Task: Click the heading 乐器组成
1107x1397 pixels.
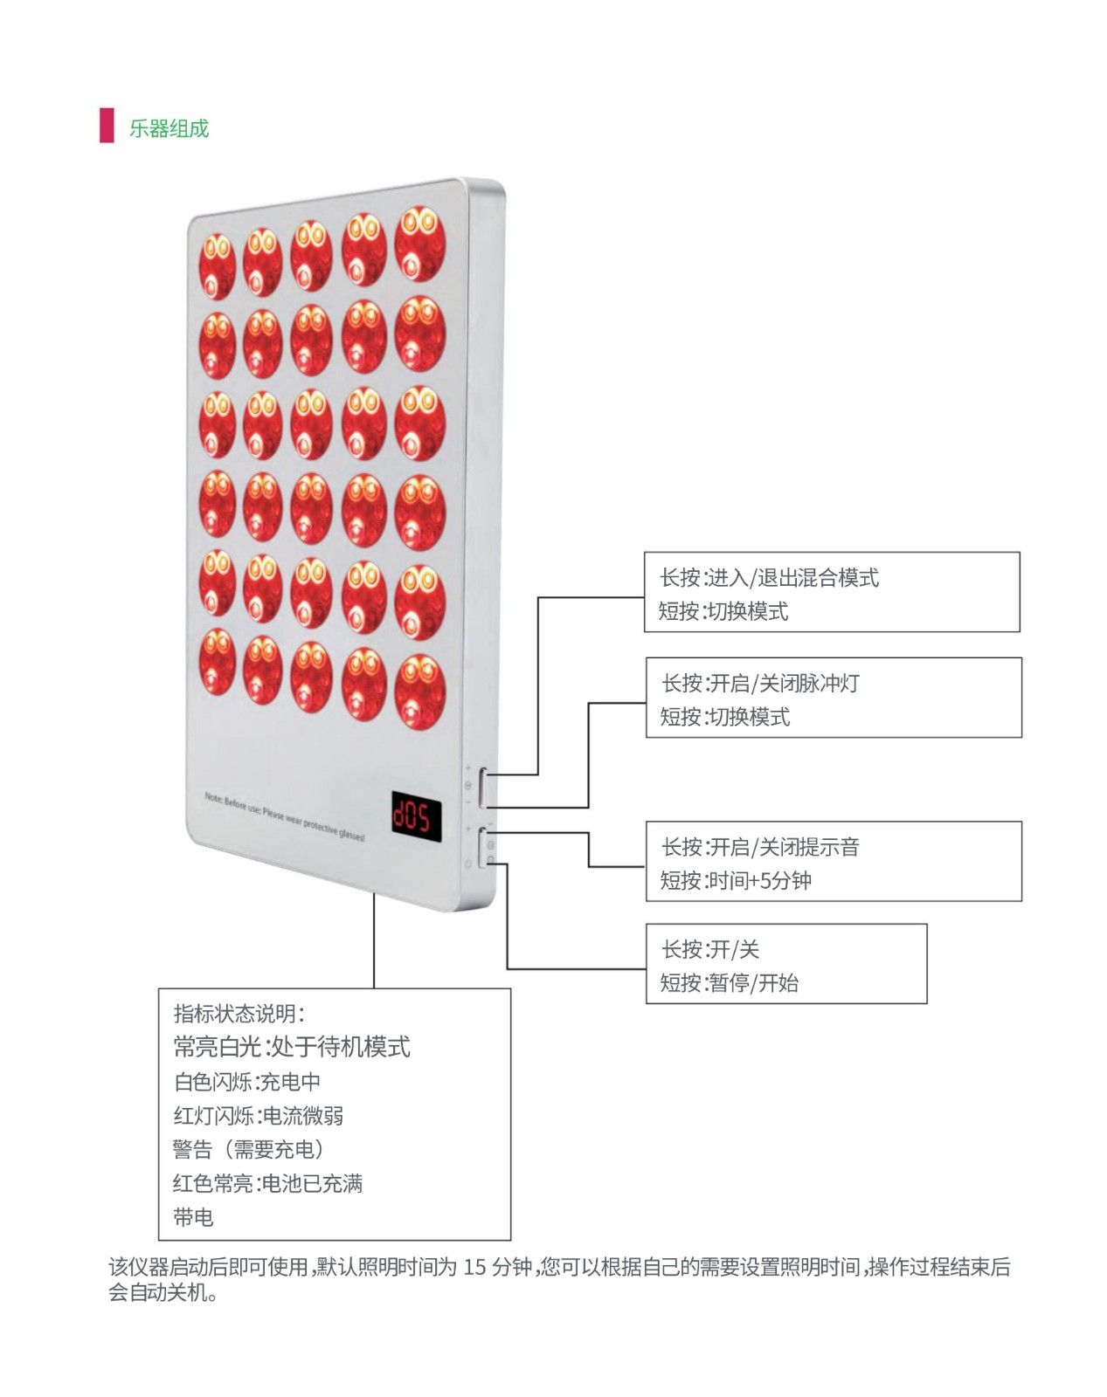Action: pos(169,128)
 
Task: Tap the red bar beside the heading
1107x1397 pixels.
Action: pos(107,125)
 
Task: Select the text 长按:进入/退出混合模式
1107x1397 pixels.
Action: pos(769,577)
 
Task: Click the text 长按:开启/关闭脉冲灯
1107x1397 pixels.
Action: pos(760,683)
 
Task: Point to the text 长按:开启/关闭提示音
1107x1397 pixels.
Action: pos(760,846)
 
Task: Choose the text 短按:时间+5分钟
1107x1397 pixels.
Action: pos(736,880)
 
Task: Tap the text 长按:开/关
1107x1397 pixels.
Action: pos(709,949)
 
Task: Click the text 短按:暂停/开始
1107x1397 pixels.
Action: pos(729,983)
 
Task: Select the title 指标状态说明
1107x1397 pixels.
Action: pos(239,1013)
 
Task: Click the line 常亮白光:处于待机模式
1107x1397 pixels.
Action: pos(292,1046)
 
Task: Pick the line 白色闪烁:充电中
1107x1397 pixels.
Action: pos(247,1082)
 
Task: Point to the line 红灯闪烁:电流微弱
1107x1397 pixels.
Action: pos(258,1115)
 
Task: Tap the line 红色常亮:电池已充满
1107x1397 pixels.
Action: pos(267,1183)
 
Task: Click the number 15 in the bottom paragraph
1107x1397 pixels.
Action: pos(474,1266)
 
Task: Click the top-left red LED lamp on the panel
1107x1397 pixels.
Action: pos(217,265)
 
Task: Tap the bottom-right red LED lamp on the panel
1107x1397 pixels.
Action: pos(420,692)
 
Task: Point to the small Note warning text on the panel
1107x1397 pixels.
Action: pos(284,817)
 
